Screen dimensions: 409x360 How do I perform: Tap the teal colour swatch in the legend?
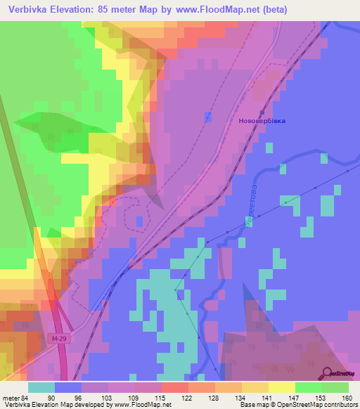[41, 387]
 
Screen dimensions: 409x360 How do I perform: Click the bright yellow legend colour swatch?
[282, 387]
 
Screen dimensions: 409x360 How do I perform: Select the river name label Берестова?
[251, 204]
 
